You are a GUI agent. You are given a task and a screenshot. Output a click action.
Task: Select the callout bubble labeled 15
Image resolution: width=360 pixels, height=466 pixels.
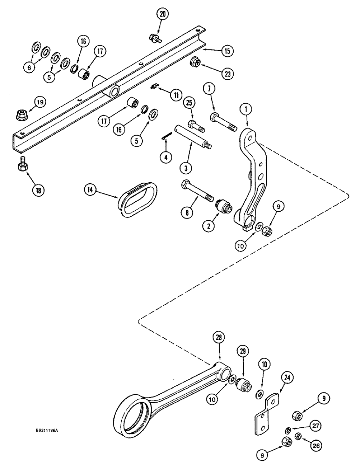[227, 50]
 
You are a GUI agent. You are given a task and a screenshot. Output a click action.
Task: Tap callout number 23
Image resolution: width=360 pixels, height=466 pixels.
[227, 74]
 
